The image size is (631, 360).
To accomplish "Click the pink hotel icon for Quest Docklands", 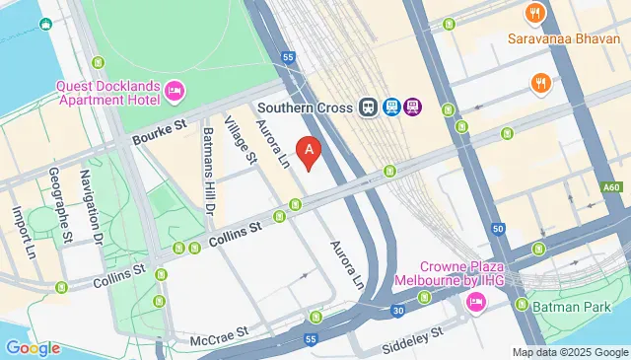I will pos(174,92).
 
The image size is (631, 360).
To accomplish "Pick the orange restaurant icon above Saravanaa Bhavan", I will pos(537,14).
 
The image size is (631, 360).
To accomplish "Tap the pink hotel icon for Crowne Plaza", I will pos(473,300).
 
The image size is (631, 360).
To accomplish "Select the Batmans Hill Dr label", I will pos(209,170).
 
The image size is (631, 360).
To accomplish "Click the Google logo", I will pos(33,348).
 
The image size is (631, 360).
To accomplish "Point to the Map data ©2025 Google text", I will pos(570,352).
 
